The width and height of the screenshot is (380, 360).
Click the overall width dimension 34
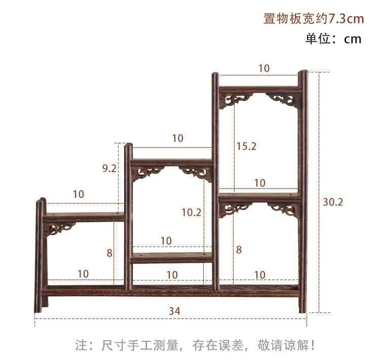coord(174,311)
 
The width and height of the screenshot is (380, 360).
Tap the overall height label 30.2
coord(333,202)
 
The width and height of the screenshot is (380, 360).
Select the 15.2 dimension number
coord(247,146)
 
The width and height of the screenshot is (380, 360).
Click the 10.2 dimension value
coord(192,212)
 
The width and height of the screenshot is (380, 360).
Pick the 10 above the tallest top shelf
coord(264,68)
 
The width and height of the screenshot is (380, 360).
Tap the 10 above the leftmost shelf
coord(79,194)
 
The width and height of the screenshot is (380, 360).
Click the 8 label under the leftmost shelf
coord(109,252)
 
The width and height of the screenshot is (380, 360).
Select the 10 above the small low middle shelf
coord(166,241)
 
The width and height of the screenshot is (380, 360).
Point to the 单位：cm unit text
coord(333,39)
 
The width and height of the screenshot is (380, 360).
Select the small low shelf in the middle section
coord(172,259)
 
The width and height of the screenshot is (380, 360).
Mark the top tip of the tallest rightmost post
coord(303,73)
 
